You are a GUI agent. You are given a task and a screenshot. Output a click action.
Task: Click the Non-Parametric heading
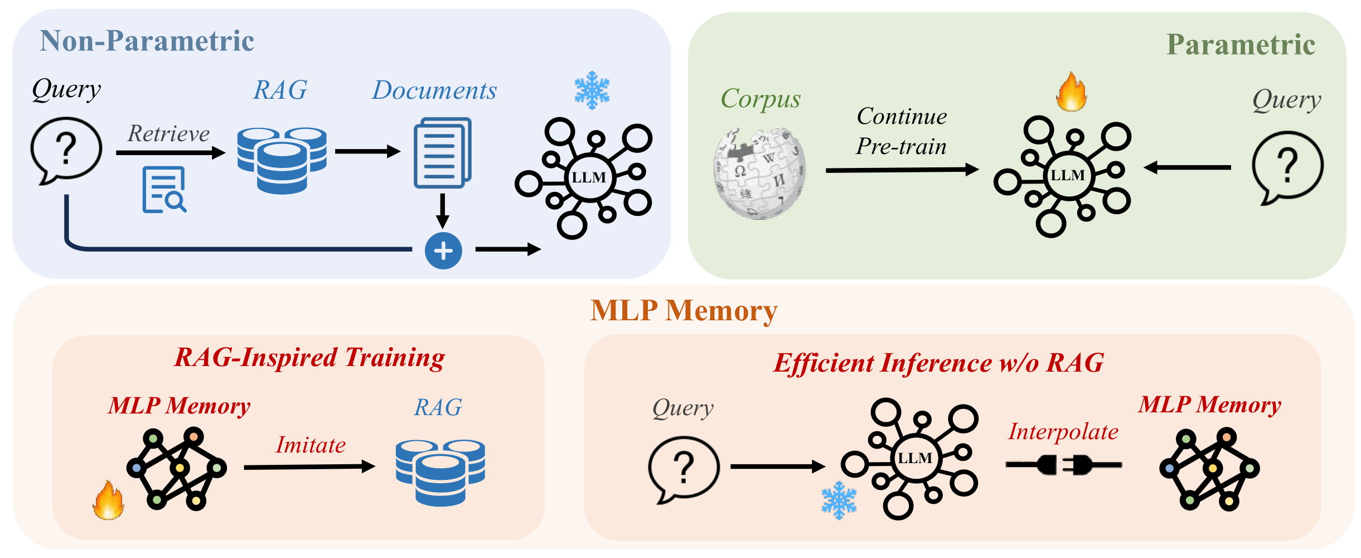147,41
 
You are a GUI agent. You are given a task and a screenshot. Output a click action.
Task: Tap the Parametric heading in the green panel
1241,45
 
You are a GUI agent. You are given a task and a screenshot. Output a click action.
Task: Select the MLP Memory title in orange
684,310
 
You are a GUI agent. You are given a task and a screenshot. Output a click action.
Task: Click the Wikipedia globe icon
759,174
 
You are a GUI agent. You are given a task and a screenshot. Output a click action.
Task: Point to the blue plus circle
443,251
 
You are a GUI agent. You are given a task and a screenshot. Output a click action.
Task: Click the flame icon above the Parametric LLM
1071,92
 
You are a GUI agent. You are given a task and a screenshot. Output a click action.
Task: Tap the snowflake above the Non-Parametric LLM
592,90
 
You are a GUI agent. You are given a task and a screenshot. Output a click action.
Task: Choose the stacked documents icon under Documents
442,152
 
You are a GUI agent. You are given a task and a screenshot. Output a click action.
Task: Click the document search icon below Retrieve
164,190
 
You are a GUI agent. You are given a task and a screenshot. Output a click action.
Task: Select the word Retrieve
168,134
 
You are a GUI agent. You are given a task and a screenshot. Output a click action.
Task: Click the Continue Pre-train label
902,132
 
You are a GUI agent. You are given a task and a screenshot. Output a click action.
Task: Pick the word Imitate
311,445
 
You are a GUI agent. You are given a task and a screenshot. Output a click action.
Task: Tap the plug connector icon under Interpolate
1063,464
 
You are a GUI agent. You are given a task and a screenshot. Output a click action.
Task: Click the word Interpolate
1063,432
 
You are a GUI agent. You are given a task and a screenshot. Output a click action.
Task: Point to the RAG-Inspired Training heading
309,358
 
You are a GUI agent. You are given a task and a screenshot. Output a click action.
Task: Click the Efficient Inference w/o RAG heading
938,363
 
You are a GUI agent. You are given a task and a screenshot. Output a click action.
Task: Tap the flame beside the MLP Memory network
109,501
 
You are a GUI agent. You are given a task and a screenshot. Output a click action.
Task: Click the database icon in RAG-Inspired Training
440,472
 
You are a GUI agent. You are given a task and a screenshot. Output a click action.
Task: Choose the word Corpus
761,99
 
